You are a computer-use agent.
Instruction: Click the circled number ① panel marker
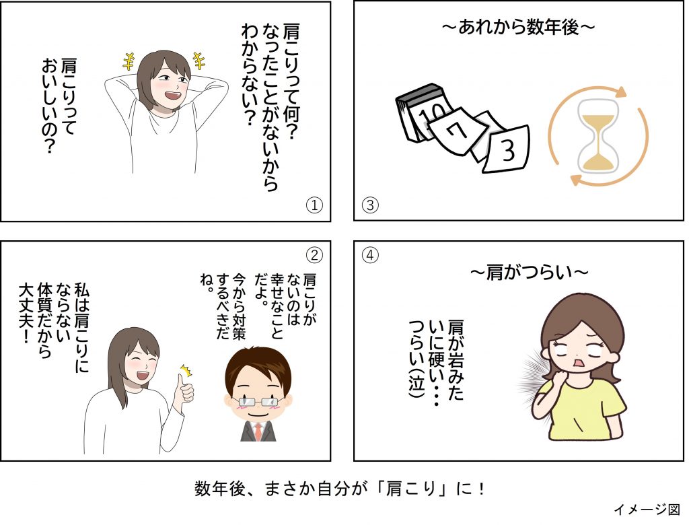coord(314,205)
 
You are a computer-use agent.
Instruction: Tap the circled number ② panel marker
coord(314,254)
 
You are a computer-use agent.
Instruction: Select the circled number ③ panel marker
coord(370,205)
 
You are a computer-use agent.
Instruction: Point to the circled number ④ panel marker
coord(370,254)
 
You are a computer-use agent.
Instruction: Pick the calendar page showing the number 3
coord(507,149)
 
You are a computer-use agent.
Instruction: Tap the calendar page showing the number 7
coord(458,131)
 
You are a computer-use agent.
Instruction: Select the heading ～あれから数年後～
coord(519,28)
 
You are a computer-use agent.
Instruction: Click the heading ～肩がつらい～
coord(530,273)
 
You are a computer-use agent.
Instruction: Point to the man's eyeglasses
coord(258,401)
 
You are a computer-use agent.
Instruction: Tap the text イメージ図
coord(647,509)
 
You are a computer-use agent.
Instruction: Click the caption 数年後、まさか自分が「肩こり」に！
coord(340,489)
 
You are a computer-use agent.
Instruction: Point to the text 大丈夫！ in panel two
coord(26,312)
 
